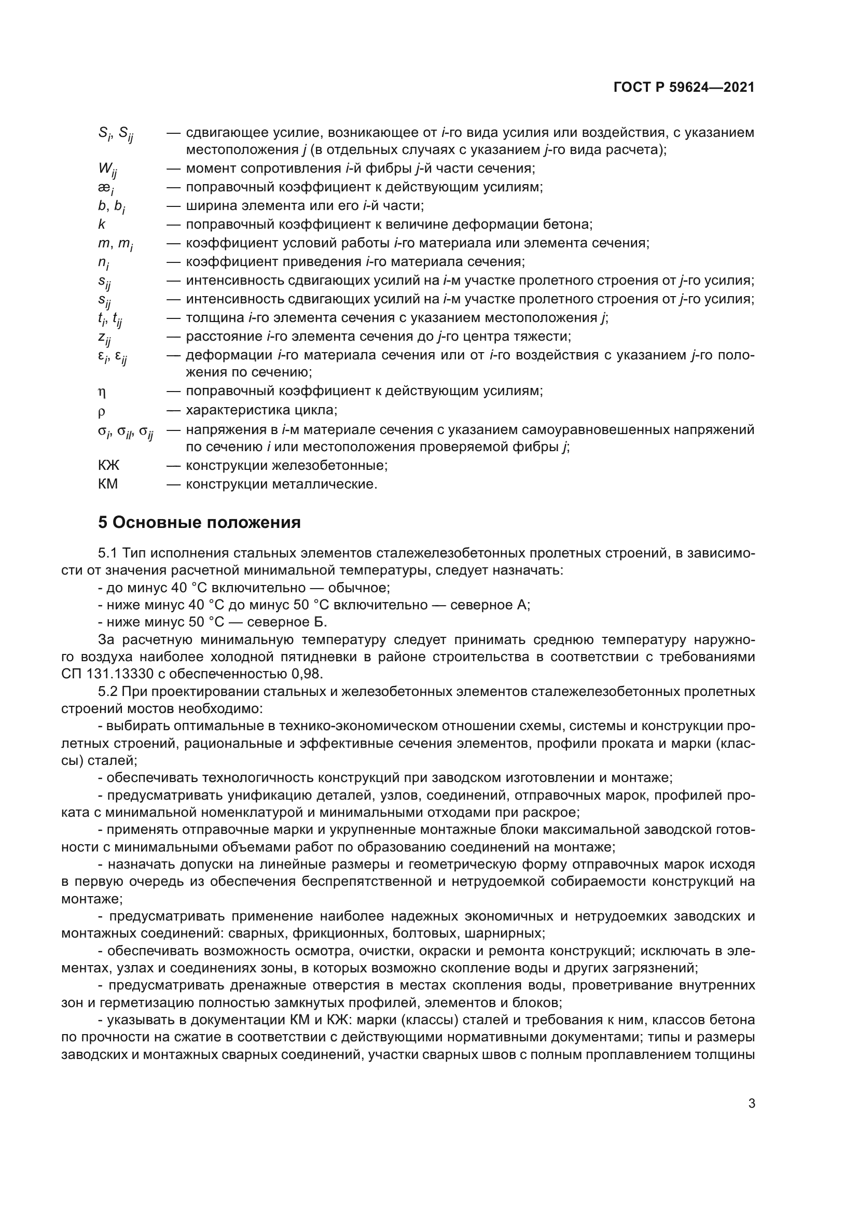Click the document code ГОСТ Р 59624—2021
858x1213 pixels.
click(x=684, y=88)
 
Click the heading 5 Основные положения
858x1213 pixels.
click(x=199, y=523)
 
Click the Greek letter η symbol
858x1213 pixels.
click(x=102, y=392)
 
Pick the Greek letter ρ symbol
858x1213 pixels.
click(x=102, y=411)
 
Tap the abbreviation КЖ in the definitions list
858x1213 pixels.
click(x=108, y=465)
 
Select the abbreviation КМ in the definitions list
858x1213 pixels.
click(x=108, y=484)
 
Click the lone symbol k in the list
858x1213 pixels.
click(x=102, y=225)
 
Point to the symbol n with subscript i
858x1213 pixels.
click(x=104, y=262)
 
